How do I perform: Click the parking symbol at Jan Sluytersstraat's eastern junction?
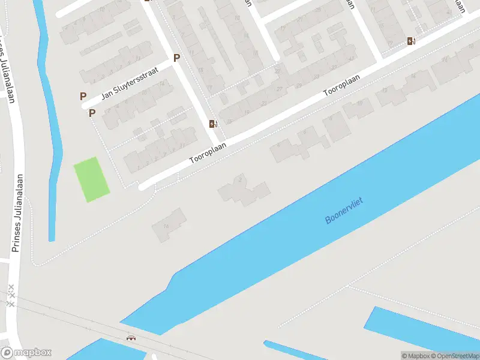coord(176,58)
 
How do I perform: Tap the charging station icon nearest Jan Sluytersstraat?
coord(212,124)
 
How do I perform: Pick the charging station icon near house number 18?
coord(411,41)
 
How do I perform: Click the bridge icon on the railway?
coord(131,338)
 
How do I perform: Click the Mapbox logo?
coord(26,353)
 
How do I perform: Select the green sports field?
coord(92,179)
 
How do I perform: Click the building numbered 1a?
coord(166,226)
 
